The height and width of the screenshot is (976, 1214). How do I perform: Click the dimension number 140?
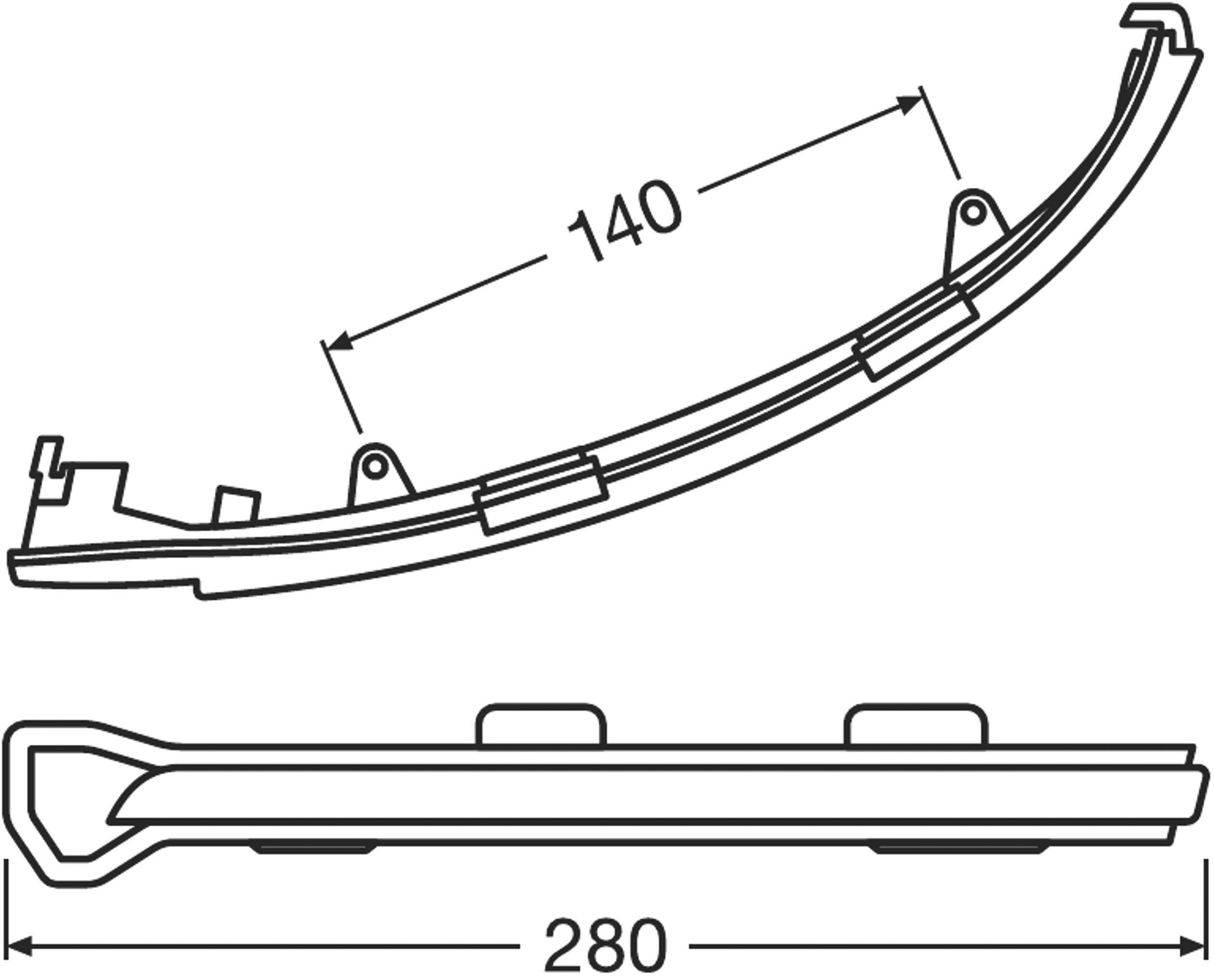click(624, 221)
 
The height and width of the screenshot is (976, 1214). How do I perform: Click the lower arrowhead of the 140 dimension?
click(340, 340)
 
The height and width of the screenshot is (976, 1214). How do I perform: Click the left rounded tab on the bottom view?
click(541, 726)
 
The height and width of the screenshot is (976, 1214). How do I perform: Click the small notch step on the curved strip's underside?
click(197, 587)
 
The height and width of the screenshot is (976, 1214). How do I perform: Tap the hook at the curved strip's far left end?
click(48, 456)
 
